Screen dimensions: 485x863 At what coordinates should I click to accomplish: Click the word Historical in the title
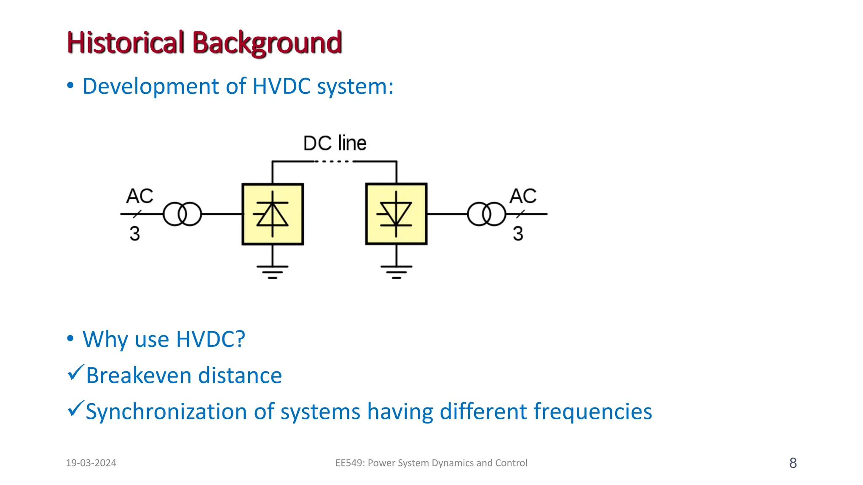click(126, 43)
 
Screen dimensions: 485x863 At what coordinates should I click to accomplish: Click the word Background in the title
click(267, 43)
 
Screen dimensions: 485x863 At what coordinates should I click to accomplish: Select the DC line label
click(335, 143)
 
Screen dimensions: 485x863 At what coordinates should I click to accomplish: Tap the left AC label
click(139, 196)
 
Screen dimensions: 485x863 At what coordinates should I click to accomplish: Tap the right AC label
click(523, 196)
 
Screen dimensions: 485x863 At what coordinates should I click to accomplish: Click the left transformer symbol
click(182, 214)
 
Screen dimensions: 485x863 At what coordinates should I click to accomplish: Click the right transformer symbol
click(486, 214)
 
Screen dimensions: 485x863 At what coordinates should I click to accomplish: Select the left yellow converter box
click(273, 214)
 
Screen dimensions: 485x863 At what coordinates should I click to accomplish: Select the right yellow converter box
click(396, 214)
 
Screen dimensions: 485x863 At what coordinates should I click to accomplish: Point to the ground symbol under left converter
click(273, 272)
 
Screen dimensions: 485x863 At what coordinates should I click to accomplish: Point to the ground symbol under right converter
click(396, 272)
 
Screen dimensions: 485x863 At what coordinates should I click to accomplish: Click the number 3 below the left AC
click(134, 234)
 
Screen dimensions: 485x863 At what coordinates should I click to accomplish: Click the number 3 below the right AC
click(518, 234)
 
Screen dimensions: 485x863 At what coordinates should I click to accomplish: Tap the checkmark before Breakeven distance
click(76, 373)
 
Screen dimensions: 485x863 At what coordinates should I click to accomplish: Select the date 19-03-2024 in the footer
click(91, 463)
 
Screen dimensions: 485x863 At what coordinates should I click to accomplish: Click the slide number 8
click(793, 463)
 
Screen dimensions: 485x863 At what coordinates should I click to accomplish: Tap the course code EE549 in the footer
click(349, 463)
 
